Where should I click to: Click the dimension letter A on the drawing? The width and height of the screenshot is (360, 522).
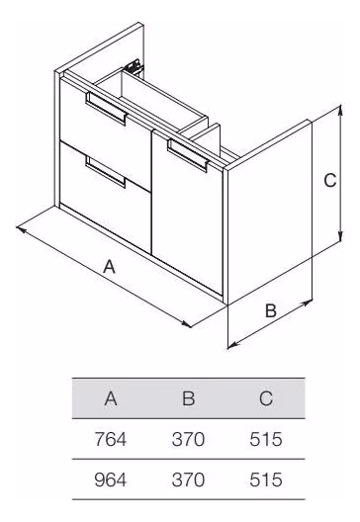pyautogui.click(x=109, y=267)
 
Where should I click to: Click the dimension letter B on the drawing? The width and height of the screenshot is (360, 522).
pyautogui.click(x=271, y=310)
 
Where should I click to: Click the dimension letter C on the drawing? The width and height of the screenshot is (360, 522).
pyautogui.click(x=330, y=181)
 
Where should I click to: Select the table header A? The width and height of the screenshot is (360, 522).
pyautogui.click(x=111, y=398)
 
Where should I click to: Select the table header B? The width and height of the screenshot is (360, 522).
pyautogui.click(x=189, y=398)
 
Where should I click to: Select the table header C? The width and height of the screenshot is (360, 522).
pyautogui.click(x=266, y=398)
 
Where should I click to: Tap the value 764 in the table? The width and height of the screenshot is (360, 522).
pyautogui.click(x=111, y=439)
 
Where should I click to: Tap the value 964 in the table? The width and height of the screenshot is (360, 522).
pyautogui.click(x=111, y=479)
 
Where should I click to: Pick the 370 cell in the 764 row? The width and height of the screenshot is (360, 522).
pyautogui.click(x=188, y=439)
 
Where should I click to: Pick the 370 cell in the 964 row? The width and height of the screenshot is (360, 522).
pyautogui.click(x=188, y=479)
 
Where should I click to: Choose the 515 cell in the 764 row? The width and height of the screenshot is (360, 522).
pyautogui.click(x=266, y=439)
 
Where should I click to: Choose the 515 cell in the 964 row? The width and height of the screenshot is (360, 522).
pyautogui.click(x=266, y=479)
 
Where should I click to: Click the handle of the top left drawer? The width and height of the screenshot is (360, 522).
pyautogui.click(x=106, y=108)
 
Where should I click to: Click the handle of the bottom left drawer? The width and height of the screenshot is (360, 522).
pyautogui.click(x=105, y=172)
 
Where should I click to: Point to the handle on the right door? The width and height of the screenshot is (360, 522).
pyautogui.click(x=188, y=155)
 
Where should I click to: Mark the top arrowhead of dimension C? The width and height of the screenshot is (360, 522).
pyautogui.click(x=340, y=109)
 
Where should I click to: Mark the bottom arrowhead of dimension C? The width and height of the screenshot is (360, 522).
pyautogui.click(x=340, y=237)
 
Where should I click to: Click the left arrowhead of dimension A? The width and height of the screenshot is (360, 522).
pyautogui.click(x=20, y=229)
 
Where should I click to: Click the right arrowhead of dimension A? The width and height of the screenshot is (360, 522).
pyautogui.click(x=187, y=324)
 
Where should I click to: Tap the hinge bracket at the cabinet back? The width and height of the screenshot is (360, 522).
pyautogui.click(x=134, y=66)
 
